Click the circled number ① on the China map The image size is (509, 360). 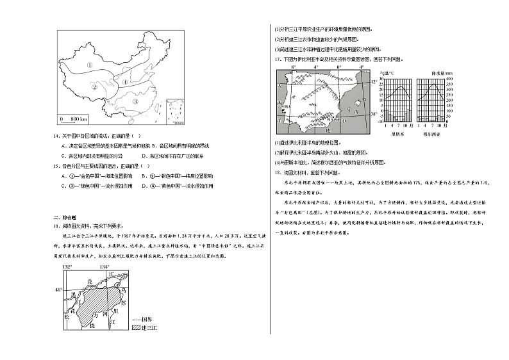point(90,65)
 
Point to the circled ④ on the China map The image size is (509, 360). point(126,82)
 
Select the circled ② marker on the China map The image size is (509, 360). point(94,87)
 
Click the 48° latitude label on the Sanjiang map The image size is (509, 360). point(58,290)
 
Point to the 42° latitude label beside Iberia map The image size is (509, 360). point(376,83)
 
